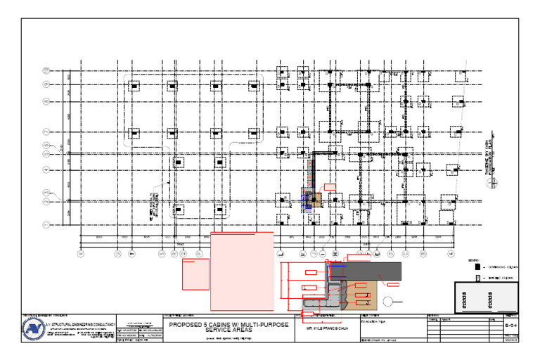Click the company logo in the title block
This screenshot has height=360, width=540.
pyautogui.click(x=33, y=328)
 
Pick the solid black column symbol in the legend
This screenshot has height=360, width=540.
pyautogui.click(x=478, y=267)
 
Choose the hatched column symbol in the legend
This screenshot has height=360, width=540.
pyautogui.click(x=478, y=278)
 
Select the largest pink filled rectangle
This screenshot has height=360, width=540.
pyautogui.click(x=243, y=271)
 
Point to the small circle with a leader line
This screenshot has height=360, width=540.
pyautogui.click(x=388, y=302)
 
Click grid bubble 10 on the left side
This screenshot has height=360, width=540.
pyautogui.click(x=46, y=70)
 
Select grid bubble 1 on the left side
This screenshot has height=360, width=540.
pyautogui.click(x=46, y=225)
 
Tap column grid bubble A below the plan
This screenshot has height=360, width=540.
pyautogui.click(x=80, y=253)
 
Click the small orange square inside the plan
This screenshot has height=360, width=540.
pyautogui.click(x=316, y=200)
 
